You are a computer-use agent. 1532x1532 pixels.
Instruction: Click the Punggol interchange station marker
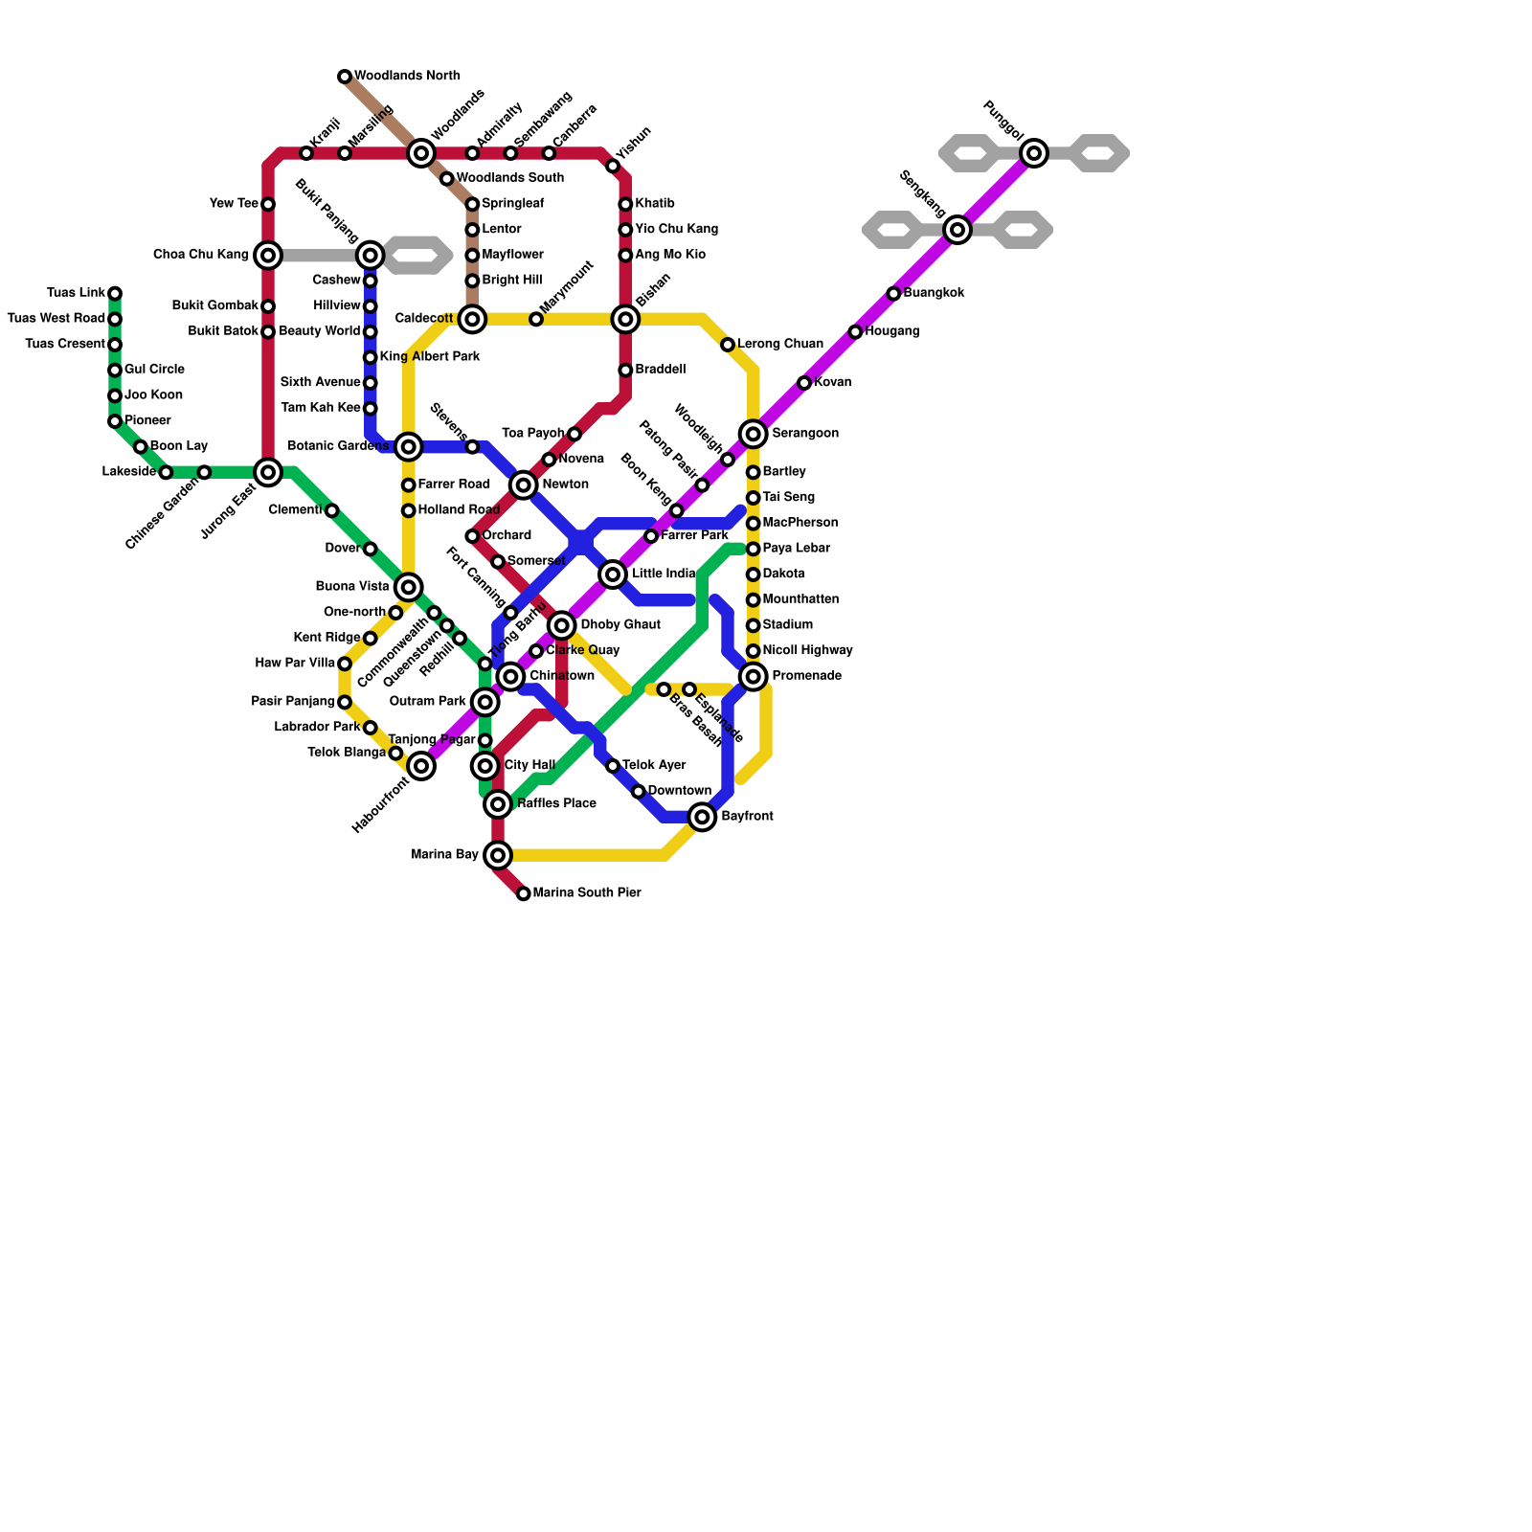pyautogui.click(x=1033, y=153)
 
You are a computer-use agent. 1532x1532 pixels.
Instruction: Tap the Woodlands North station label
pyautogui.click(x=407, y=77)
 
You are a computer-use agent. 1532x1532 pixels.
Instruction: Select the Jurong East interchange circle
pyautogui.click(x=268, y=472)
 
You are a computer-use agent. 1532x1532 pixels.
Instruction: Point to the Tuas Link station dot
pyautogui.click(x=115, y=293)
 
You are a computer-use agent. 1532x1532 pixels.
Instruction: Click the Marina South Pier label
pyautogui.click(x=586, y=893)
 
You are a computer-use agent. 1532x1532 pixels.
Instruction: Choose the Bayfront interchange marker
pyautogui.click(x=702, y=817)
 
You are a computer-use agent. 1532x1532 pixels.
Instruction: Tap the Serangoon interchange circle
pyautogui.click(x=754, y=435)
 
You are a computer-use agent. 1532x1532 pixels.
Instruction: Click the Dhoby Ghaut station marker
pyautogui.click(x=562, y=626)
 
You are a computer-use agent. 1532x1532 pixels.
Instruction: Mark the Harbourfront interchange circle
pyautogui.click(x=421, y=766)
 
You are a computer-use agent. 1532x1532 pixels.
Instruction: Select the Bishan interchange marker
pyautogui.click(x=625, y=319)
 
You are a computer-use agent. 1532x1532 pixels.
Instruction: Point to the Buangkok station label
pyautogui.click(x=934, y=293)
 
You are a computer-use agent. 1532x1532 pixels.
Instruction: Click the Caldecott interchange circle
pyautogui.click(x=472, y=319)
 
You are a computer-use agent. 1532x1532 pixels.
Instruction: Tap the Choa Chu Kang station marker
pyautogui.click(x=268, y=256)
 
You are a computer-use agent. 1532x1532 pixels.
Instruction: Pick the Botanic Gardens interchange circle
pyautogui.click(x=409, y=447)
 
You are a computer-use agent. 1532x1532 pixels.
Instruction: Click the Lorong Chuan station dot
pyautogui.click(x=728, y=345)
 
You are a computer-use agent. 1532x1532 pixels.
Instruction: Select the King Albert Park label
pyautogui.click(x=430, y=357)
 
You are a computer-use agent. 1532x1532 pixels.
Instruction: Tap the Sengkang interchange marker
pyautogui.click(x=957, y=230)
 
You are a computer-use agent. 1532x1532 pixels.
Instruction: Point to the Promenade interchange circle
pyautogui.click(x=754, y=677)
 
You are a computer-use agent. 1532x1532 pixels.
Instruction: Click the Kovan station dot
pyautogui.click(x=804, y=383)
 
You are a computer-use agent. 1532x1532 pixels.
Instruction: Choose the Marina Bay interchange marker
pyautogui.click(x=498, y=855)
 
